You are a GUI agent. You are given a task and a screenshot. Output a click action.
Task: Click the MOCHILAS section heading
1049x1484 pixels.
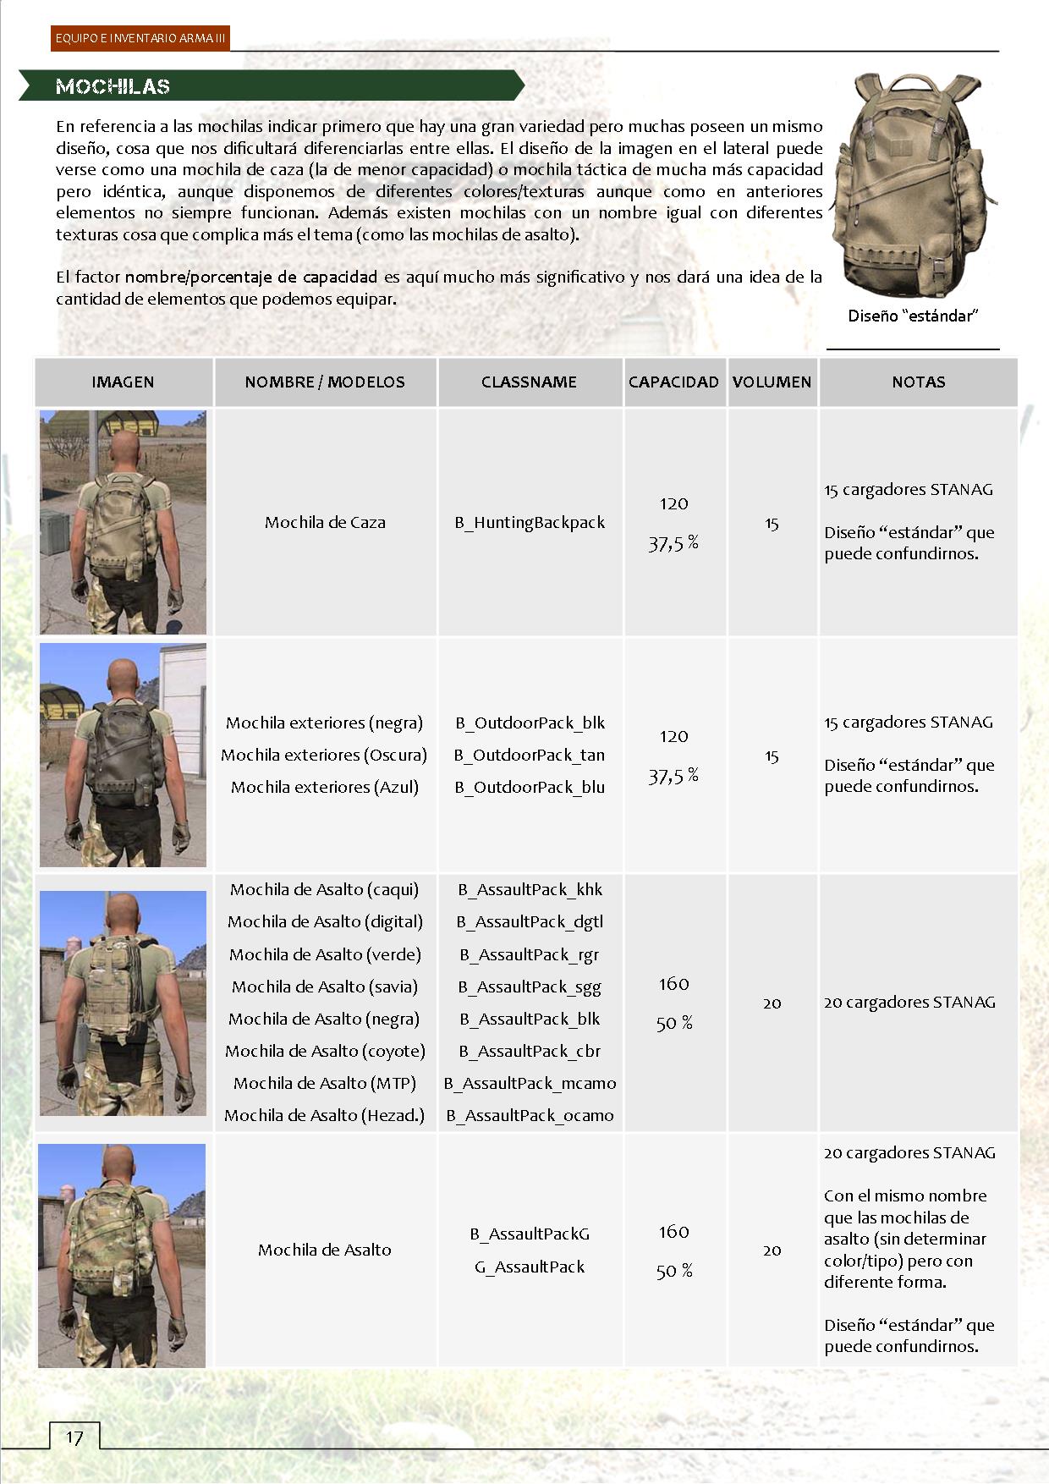click(113, 86)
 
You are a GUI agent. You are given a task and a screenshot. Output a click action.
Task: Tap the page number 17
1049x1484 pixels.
click(74, 1437)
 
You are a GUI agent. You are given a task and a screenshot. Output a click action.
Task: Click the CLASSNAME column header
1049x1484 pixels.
click(529, 382)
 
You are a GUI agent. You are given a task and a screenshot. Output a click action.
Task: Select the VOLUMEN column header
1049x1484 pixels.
click(772, 382)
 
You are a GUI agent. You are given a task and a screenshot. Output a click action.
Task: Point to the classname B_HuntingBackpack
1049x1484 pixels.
click(530, 523)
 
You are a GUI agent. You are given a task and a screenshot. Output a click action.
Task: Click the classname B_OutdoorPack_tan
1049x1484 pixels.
click(530, 755)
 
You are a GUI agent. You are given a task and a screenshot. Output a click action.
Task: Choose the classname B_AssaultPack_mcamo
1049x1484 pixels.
click(530, 1084)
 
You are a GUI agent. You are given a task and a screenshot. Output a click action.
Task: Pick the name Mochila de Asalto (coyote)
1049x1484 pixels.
click(325, 1052)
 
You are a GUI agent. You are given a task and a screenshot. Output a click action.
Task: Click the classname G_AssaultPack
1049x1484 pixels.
click(530, 1267)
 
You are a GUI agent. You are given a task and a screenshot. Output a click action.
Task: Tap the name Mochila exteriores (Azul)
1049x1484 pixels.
click(325, 787)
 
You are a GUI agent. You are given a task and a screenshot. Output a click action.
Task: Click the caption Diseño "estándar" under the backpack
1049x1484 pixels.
click(913, 316)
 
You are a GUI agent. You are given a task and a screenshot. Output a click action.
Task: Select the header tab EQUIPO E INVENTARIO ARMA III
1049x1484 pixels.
click(140, 39)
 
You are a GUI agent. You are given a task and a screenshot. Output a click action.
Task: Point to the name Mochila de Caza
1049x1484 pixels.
click(325, 523)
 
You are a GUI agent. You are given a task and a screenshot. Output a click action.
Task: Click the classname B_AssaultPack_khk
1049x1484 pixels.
click(530, 890)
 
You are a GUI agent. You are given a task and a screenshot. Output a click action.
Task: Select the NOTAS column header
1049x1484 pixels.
click(918, 382)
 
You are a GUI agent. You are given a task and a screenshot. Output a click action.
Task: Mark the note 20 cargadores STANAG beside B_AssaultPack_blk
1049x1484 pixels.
click(909, 1003)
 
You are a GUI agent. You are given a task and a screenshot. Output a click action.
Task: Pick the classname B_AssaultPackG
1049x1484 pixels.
click(530, 1234)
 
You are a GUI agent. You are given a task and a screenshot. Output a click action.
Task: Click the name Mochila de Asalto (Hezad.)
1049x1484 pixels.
click(325, 1116)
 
